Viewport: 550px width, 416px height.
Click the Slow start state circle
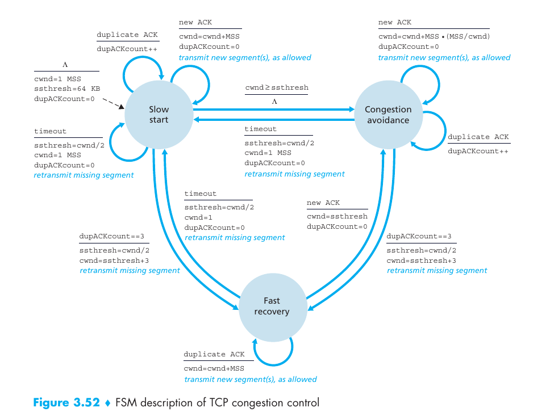pos(159,115)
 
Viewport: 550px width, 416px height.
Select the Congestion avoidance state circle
pos(388,115)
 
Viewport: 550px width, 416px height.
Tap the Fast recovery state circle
pos(272,306)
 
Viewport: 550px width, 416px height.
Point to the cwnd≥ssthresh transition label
pos(277,87)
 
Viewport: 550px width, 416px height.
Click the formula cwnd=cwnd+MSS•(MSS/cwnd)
pos(434,36)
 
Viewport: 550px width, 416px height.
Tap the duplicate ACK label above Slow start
pos(127,35)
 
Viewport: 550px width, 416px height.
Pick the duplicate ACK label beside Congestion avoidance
pos(478,137)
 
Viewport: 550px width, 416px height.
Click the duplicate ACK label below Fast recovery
pos(214,354)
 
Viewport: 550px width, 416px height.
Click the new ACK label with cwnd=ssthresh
pos(323,203)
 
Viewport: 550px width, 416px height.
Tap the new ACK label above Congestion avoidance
pos(395,22)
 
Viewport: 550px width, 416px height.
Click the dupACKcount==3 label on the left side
pos(112,236)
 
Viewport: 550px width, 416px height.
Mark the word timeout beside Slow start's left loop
pos(50,131)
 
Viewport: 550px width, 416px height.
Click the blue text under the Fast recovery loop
pos(250,379)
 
